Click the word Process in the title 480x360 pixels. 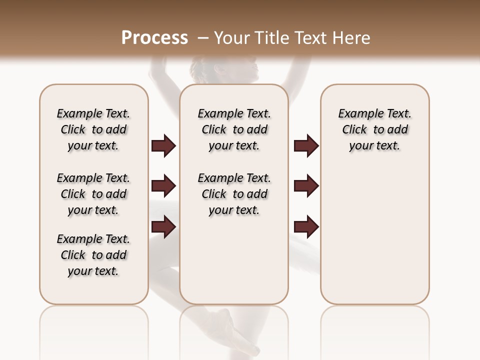coord(154,38)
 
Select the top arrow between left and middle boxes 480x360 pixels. coord(163,146)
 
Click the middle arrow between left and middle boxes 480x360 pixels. coord(163,186)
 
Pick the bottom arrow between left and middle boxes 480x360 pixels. coord(163,227)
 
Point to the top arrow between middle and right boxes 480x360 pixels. coord(306,146)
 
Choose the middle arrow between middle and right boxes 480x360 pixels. coord(306,186)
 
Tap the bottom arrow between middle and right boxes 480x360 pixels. coord(306,227)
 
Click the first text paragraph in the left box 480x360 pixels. coord(93,129)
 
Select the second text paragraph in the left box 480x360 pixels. coord(93,194)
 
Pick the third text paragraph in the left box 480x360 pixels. coord(93,255)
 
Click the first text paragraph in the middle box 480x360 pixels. coord(234,129)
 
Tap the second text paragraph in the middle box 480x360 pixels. coord(234,194)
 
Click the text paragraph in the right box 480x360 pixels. coord(374,129)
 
